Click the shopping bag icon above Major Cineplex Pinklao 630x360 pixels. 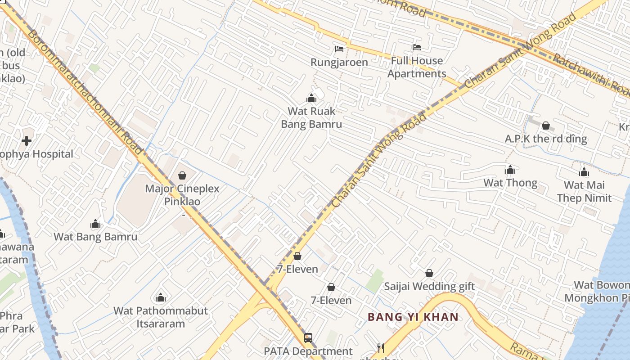[182, 175]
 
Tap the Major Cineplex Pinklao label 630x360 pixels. [182, 195]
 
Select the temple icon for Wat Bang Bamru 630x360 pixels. [95, 224]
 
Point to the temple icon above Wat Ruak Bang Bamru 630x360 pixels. [311, 98]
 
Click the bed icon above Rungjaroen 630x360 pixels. [339, 49]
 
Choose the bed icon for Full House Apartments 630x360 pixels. [417, 47]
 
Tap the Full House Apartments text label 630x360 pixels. [417, 67]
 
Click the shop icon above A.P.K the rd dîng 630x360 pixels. [546, 126]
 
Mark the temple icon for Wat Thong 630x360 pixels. [510, 170]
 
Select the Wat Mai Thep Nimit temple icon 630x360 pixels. [584, 172]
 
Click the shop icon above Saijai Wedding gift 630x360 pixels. [429, 273]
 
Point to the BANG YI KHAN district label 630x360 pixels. [413, 317]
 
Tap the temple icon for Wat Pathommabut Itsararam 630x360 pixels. [161, 297]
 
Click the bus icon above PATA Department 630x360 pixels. [308, 337]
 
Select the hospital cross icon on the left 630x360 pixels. [27, 141]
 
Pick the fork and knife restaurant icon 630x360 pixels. [381, 348]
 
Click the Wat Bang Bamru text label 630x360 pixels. [95, 237]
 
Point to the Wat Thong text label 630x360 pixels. [510, 183]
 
